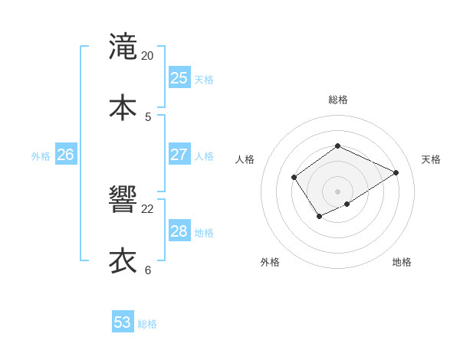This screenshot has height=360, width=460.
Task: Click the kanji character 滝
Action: tap(123, 46)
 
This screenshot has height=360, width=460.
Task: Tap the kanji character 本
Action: tap(123, 106)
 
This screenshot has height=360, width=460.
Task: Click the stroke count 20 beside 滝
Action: tap(148, 56)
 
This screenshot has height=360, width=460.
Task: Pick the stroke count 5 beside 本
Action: tap(148, 117)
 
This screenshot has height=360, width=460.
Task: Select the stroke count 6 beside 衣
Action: tap(148, 270)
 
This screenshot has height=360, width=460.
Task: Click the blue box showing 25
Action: tap(179, 78)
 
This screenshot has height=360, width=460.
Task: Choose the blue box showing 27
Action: tap(179, 155)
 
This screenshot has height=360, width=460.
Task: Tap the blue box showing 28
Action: tap(179, 231)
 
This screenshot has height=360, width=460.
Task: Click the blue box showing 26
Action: tap(65, 155)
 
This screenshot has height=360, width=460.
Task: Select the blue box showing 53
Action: tap(123, 322)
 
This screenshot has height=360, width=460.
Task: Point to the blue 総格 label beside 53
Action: tap(147, 324)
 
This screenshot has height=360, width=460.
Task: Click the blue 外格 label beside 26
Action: tap(41, 156)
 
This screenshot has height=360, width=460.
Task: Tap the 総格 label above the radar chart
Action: tap(337, 100)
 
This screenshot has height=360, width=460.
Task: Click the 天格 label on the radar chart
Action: tap(431, 159)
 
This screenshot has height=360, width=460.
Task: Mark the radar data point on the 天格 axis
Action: tap(396, 172)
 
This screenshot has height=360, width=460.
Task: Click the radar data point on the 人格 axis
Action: tap(294, 178)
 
